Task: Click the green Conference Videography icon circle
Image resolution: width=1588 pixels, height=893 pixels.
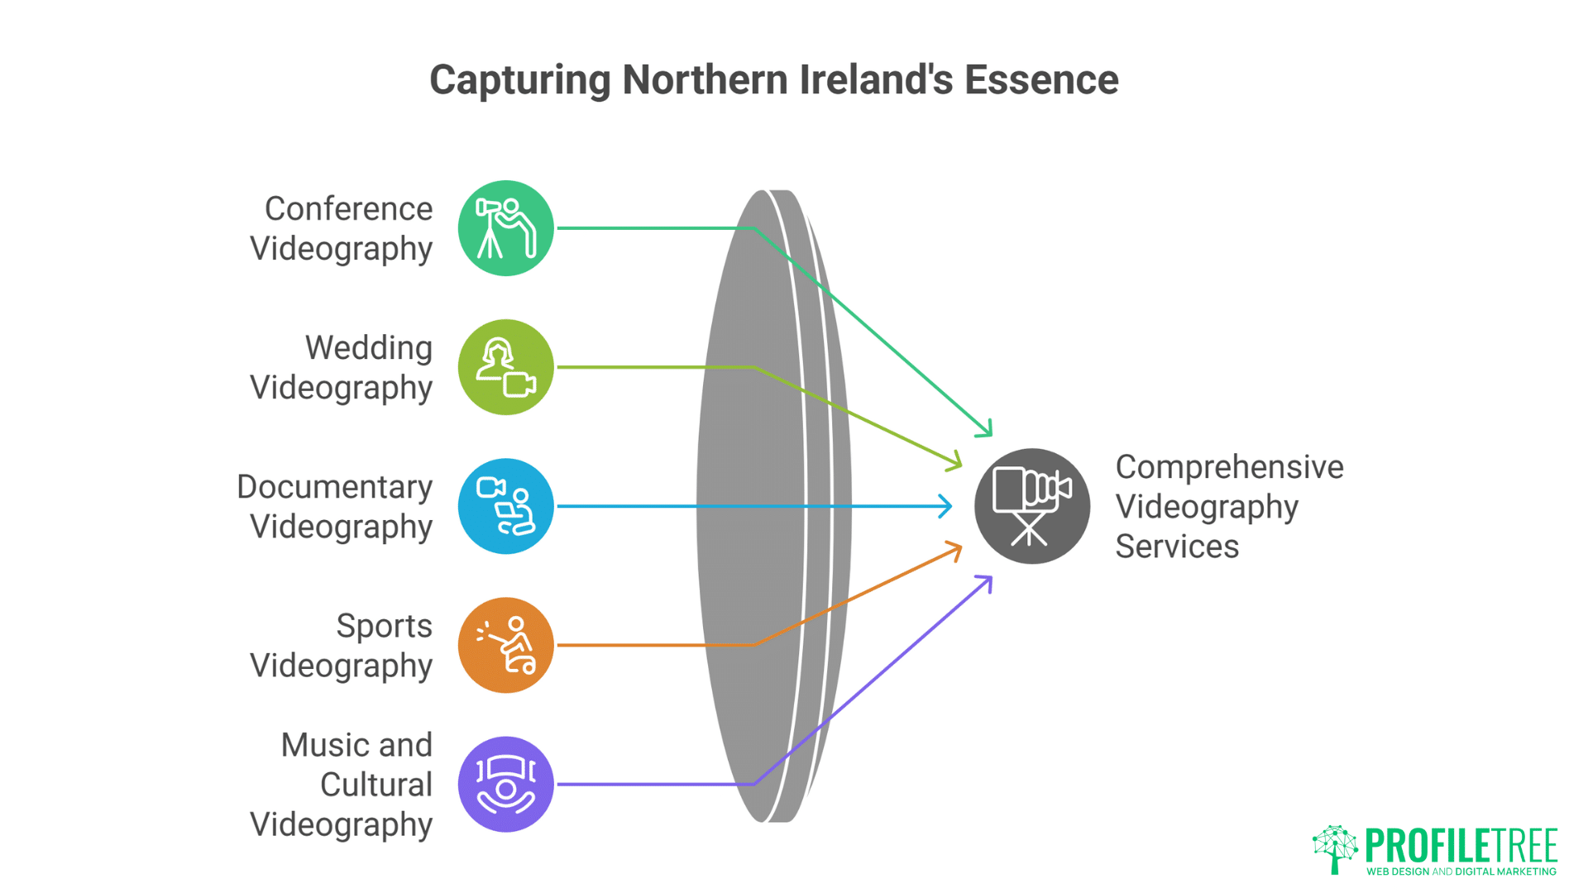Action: (505, 228)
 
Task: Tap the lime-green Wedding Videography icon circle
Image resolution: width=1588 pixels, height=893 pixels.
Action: (505, 367)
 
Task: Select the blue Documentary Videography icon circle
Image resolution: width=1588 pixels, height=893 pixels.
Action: (505, 506)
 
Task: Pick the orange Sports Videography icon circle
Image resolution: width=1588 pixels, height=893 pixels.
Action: (505, 645)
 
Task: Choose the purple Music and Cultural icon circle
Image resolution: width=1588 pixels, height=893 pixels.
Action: (505, 784)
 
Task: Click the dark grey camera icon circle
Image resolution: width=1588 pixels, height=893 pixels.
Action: (1031, 506)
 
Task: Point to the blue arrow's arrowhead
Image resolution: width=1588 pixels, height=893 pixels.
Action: (946, 506)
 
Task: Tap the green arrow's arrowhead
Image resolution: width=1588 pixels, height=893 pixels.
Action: (986, 430)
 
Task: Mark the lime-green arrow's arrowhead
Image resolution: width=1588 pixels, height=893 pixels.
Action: (956, 464)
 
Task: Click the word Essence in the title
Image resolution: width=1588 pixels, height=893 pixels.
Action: (1041, 80)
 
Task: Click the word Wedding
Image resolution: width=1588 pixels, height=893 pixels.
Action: (369, 348)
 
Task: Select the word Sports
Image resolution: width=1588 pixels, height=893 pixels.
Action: (384, 626)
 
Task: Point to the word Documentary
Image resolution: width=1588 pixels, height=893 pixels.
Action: (334, 487)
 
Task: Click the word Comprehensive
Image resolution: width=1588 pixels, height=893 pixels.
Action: (1229, 467)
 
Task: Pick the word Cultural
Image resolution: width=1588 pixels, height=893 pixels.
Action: (375, 785)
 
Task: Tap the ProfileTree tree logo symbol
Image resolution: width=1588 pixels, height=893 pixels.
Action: (1335, 848)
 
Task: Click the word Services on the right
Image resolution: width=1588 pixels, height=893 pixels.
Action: (1176, 547)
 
